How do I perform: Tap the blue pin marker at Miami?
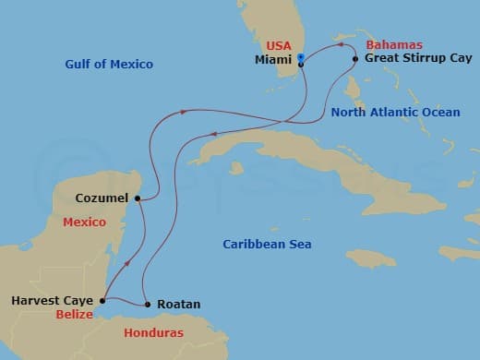pyautogui.click(x=300, y=59)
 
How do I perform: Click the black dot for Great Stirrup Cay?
pyautogui.click(x=355, y=59)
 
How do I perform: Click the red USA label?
pyautogui.click(x=279, y=45)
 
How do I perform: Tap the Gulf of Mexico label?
pyautogui.click(x=109, y=64)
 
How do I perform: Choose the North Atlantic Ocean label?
pyautogui.click(x=395, y=112)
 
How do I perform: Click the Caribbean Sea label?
pyautogui.click(x=267, y=244)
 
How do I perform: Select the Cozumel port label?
pyautogui.click(x=103, y=197)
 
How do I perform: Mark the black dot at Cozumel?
pyautogui.click(x=137, y=198)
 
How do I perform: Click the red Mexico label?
pyautogui.click(x=84, y=222)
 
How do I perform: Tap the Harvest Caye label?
pyautogui.click(x=53, y=300)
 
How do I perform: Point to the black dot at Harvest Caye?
pyautogui.click(x=102, y=300)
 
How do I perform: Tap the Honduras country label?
pyautogui.click(x=154, y=332)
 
